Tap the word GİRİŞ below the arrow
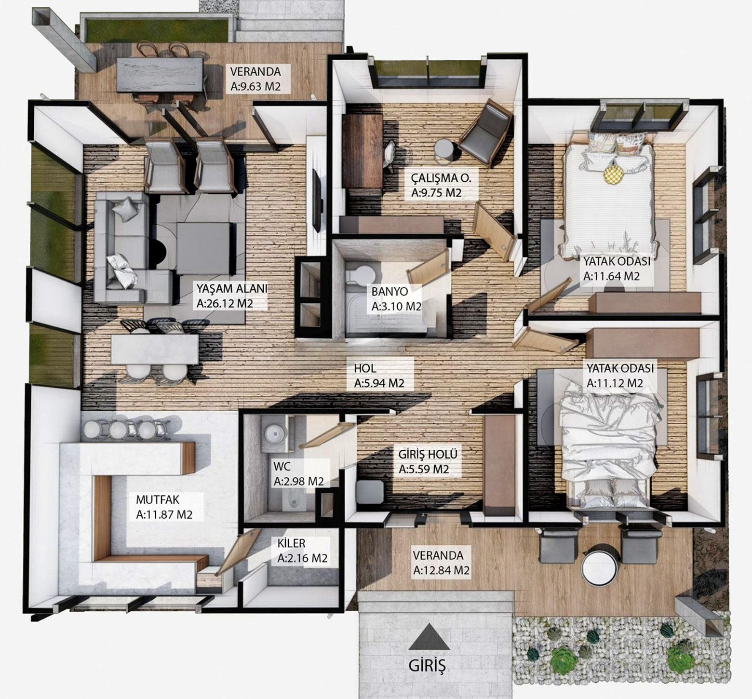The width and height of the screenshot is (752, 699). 427,666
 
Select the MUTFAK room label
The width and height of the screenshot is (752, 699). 158,498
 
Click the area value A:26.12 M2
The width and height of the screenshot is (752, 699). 225,304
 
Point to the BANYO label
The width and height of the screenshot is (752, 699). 389,292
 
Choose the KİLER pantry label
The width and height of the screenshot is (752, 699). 292,543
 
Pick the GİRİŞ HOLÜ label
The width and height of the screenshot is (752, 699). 428,454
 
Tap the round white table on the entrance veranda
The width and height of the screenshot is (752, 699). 599,565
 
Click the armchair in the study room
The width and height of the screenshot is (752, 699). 485,134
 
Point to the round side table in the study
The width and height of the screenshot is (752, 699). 443,149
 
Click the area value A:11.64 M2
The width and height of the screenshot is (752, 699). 611,277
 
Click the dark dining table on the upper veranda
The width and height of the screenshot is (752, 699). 160,75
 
